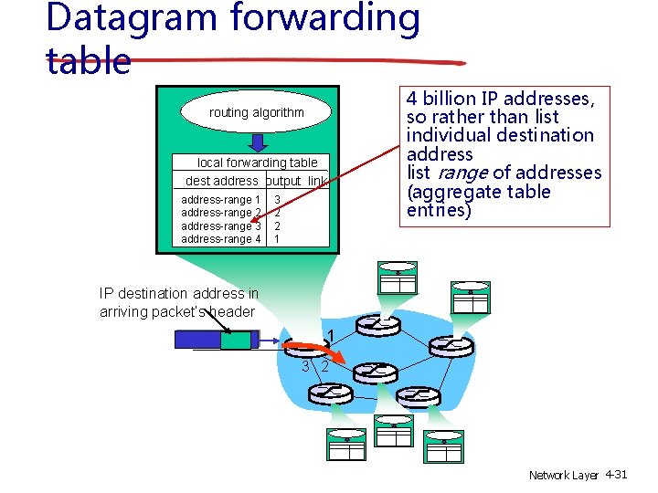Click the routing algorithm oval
click(257, 112)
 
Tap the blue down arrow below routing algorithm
click(258, 142)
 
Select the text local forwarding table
click(258, 163)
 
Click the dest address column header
click(221, 181)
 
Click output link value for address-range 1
click(277, 200)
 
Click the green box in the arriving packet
click(237, 340)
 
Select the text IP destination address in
click(179, 294)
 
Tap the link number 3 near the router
click(305, 366)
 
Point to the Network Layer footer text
click(563, 476)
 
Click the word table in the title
click(88, 60)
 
